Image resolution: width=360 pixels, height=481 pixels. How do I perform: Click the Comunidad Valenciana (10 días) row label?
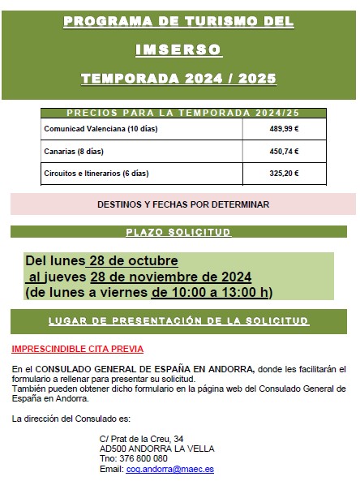95,129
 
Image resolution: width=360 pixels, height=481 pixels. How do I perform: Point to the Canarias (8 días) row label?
74,151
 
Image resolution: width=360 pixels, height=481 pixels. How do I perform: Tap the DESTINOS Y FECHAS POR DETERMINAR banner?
182,204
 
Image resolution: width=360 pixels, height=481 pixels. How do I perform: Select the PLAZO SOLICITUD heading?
178,232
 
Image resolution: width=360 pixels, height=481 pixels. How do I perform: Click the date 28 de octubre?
133,261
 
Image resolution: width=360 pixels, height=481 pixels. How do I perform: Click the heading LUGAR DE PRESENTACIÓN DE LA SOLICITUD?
178,321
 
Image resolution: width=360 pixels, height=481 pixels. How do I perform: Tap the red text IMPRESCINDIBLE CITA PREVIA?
77,350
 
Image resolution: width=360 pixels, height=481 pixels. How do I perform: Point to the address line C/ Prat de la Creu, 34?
141,438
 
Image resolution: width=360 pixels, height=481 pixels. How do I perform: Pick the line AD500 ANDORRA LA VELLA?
145,449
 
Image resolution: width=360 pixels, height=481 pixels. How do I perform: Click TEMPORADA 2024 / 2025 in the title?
178,79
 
